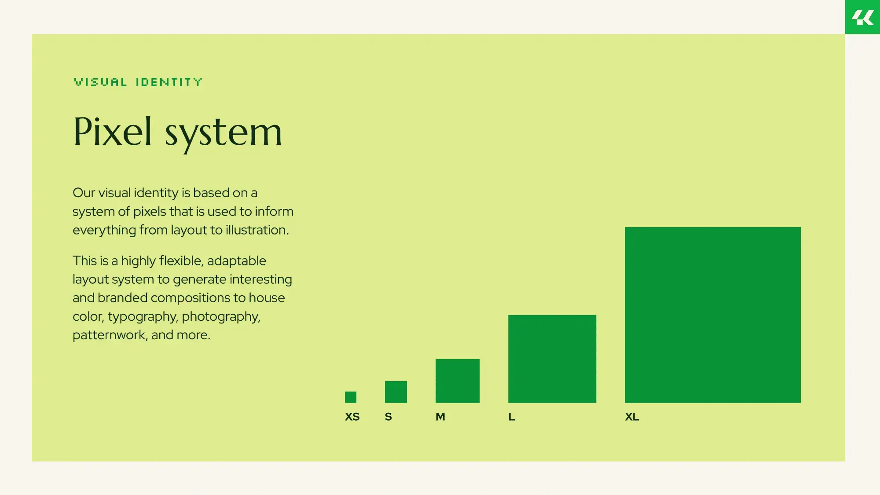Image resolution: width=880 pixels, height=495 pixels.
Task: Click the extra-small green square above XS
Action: coord(351,397)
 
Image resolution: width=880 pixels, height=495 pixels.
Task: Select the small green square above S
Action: coord(396,392)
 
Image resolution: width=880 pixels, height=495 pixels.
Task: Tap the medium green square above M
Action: coord(458,381)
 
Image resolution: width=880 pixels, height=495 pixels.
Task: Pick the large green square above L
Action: coord(552,359)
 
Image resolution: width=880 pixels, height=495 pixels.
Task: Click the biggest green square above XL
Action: coord(713,315)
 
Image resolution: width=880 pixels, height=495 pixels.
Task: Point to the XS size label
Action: coord(352,417)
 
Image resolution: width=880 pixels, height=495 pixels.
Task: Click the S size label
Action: coord(388,417)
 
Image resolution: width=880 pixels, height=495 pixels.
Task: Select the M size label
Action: coord(440,417)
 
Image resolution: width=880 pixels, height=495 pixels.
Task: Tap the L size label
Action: coord(511,417)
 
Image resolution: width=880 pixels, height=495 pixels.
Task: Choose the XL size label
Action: coord(632,417)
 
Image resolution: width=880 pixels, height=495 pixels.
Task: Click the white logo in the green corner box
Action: coord(862,18)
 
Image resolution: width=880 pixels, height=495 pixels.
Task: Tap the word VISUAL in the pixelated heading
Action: coord(101,82)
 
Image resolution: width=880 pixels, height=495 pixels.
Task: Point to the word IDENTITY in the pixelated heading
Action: coord(169,82)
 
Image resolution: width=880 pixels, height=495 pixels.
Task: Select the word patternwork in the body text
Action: coord(110,335)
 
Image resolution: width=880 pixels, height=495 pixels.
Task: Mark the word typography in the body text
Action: coord(143,317)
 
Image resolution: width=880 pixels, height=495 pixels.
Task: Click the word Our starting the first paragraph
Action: coord(84,193)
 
